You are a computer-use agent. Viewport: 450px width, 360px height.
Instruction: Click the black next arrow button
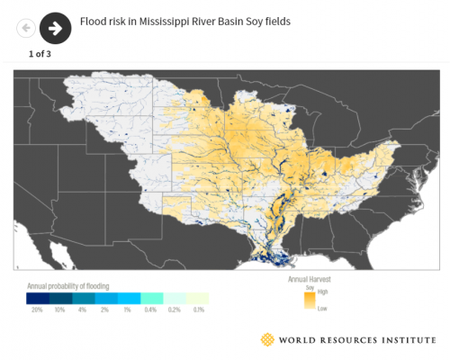55,28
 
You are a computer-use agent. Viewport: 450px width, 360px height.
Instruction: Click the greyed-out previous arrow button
26,28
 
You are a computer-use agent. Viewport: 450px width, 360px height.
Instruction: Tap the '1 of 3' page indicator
40,54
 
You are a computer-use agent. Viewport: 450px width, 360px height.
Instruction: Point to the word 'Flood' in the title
94,20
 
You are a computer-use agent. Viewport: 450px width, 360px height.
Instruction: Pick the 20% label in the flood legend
37,309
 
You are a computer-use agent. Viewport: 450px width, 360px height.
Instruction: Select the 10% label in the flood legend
59,309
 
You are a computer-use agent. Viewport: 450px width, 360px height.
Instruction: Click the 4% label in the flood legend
83,309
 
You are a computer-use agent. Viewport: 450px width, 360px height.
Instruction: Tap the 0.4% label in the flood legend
151,309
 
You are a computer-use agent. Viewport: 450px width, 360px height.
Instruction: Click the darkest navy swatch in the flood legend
37,298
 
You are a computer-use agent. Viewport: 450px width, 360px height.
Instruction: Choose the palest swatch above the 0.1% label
197,298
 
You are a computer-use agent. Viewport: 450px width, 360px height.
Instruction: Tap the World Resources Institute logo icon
267,339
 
